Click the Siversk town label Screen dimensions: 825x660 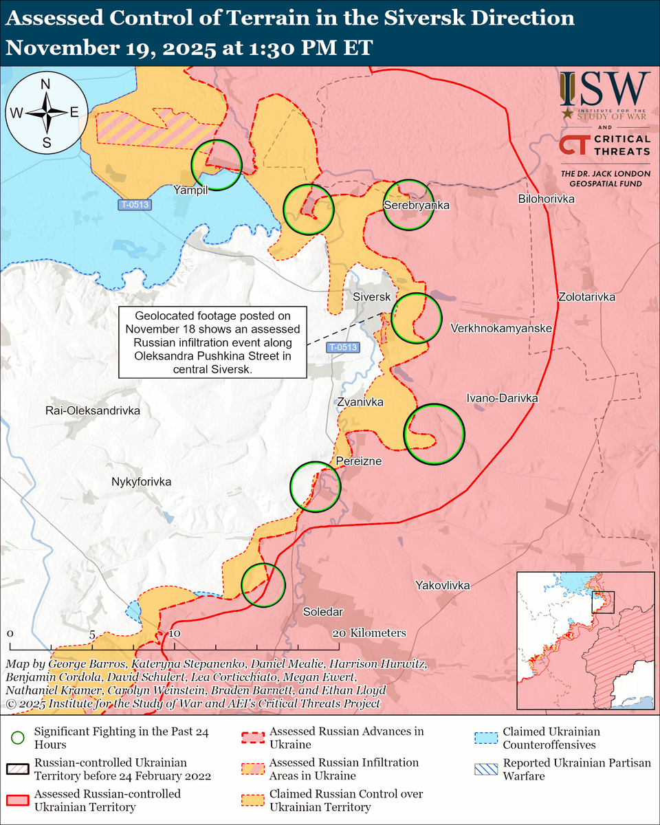tap(372, 297)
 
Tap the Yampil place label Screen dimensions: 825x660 tap(190, 190)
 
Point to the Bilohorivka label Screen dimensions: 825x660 tap(547, 199)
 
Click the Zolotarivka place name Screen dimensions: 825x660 tap(586, 298)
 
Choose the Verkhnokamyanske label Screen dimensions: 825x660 tap(501, 329)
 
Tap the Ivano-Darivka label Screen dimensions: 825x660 tap(502, 398)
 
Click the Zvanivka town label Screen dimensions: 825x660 tap(360, 402)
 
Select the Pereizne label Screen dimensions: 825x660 tap(358, 461)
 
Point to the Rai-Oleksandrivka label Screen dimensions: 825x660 tap(93, 410)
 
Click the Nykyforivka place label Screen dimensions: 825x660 tap(141, 482)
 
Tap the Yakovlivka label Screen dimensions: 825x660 tap(443, 585)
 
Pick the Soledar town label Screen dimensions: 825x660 tap(323, 611)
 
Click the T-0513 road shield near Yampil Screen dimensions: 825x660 tap(133, 204)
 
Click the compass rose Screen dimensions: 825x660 tap(46, 113)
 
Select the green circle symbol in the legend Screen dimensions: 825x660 tap(18, 738)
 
